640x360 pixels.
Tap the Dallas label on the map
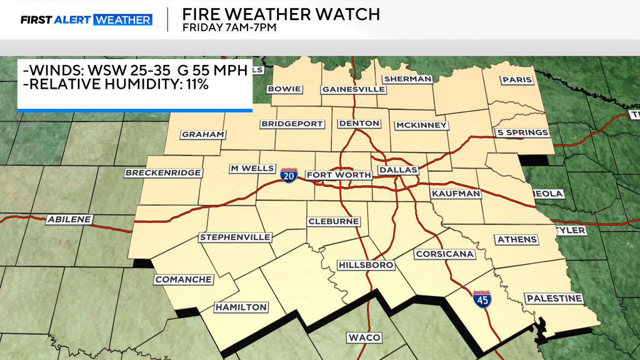398,170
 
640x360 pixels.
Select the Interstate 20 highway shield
289,174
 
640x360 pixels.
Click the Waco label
364,337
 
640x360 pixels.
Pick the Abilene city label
69,219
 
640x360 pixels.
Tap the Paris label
517,80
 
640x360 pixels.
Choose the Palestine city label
554,299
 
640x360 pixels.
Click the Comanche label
184,279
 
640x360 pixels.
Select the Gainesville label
353,89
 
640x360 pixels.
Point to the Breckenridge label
163,172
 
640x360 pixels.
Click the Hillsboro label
366,265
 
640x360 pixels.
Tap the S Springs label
522,132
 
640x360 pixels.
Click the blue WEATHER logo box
122,20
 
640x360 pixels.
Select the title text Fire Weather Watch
280,14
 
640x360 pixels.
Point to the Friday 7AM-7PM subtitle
229,27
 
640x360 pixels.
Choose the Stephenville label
235,237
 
